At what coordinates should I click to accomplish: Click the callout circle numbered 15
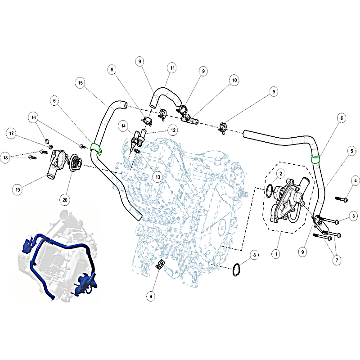[x=81, y=83]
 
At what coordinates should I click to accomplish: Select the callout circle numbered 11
[x=172, y=68]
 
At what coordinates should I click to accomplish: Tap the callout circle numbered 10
[x=234, y=80]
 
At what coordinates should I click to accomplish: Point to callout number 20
[x=65, y=200]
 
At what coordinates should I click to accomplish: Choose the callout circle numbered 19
[x=18, y=189]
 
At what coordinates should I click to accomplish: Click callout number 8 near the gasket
[x=254, y=255]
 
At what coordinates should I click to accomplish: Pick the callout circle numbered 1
[x=276, y=254]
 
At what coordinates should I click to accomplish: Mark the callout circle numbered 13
[x=158, y=177]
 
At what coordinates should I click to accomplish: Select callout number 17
[x=12, y=133]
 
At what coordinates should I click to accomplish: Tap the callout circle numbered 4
[x=355, y=180]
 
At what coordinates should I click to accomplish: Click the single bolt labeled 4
[x=342, y=199]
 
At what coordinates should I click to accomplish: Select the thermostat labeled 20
[x=75, y=162]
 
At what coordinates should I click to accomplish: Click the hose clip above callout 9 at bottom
[x=160, y=264]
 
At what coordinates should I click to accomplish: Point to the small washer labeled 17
[x=51, y=147]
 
